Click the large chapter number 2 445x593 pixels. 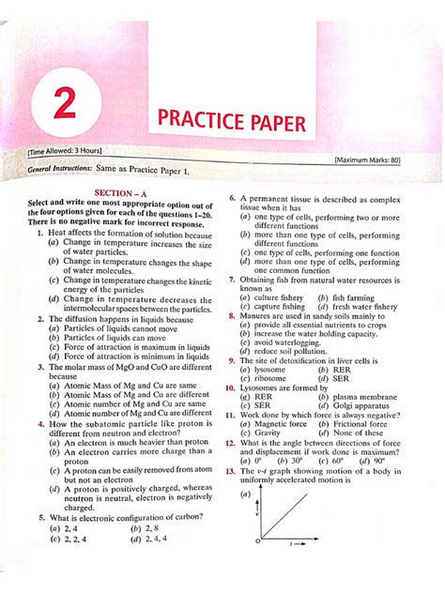click(x=65, y=102)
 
